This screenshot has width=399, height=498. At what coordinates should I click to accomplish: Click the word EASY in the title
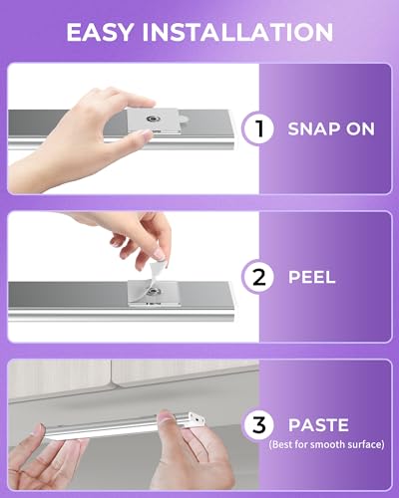click(x=100, y=32)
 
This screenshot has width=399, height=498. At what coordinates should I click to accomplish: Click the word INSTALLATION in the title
click(x=237, y=32)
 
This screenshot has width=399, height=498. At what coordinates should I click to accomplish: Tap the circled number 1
click(x=259, y=128)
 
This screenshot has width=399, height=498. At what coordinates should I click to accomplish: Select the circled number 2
click(x=259, y=277)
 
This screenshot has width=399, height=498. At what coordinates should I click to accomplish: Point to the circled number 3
click(x=259, y=425)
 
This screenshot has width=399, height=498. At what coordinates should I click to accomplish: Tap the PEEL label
click(x=312, y=277)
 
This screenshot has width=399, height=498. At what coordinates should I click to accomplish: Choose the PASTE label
click(x=318, y=425)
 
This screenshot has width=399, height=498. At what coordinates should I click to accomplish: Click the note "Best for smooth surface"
click(x=326, y=444)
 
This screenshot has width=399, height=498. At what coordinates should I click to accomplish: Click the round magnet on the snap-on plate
click(x=154, y=119)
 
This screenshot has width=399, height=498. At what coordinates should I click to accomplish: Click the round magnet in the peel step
click(x=153, y=292)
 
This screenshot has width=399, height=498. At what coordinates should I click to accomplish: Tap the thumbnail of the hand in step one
click(x=145, y=133)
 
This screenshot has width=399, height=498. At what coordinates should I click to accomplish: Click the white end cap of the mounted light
click(x=197, y=419)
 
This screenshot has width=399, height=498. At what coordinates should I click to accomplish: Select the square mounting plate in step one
click(x=154, y=122)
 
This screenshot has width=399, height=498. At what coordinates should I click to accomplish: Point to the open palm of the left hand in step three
click(x=37, y=465)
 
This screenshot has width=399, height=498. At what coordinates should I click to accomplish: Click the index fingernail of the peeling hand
click(x=159, y=255)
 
